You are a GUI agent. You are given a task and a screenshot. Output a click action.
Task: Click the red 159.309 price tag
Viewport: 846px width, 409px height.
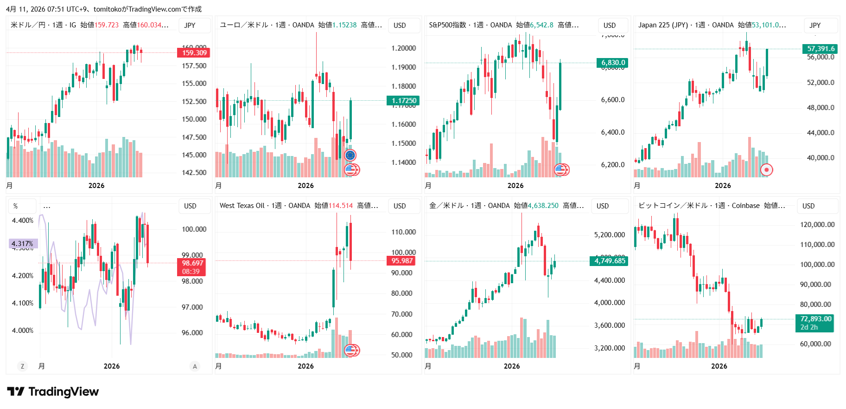[194, 52]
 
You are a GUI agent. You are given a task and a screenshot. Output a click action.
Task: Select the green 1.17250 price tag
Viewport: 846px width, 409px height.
[403, 100]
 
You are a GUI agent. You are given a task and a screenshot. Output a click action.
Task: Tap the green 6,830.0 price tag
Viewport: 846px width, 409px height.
[613, 63]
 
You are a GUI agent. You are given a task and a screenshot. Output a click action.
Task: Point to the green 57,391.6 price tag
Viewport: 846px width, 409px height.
[821, 49]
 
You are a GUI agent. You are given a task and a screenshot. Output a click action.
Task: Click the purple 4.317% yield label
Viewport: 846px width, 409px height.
[23, 243]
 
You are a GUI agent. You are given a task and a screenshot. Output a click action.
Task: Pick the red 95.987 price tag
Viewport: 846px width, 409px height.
[401, 261]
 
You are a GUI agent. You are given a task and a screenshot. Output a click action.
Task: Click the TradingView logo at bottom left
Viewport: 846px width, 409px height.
[53, 392]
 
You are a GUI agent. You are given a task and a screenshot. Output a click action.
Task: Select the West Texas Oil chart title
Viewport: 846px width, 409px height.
[242, 206]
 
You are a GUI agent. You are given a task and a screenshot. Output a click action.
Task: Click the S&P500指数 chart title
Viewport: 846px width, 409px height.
[447, 25]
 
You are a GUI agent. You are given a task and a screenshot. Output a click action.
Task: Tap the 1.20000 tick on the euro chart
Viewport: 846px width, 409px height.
[403, 48]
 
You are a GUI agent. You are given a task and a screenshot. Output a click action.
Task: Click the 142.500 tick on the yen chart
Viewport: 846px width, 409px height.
[194, 173]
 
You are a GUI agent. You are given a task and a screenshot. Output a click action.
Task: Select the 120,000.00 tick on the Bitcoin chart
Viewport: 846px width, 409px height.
[817, 225]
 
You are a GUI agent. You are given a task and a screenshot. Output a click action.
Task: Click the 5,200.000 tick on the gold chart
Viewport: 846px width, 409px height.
[610, 235]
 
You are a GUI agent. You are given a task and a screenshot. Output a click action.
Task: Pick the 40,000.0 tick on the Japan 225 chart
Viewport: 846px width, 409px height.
[821, 158]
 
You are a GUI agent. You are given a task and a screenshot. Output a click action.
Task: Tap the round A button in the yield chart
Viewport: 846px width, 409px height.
[195, 366]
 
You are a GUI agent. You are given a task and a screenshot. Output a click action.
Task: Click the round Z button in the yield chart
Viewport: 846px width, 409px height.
[22, 366]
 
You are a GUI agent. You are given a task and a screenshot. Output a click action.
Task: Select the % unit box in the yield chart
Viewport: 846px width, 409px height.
[16, 206]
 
